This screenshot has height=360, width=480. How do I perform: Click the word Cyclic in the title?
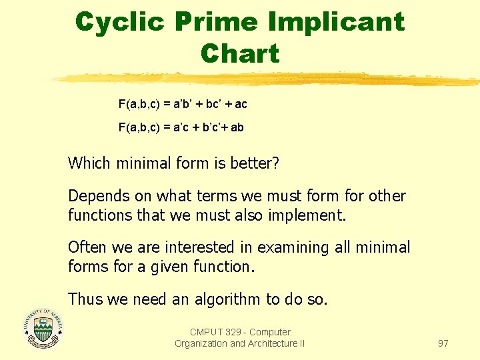pyautogui.click(x=120, y=22)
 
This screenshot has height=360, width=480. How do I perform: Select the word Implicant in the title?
pyautogui.click(x=336, y=22)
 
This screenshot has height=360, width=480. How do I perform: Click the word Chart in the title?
pyautogui.click(x=240, y=53)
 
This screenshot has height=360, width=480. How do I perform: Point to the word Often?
pyautogui.click(x=87, y=247)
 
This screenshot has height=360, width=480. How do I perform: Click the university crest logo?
pyautogui.click(x=43, y=329)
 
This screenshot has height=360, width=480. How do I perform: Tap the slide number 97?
pyautogui.click(x=443, y=343)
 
